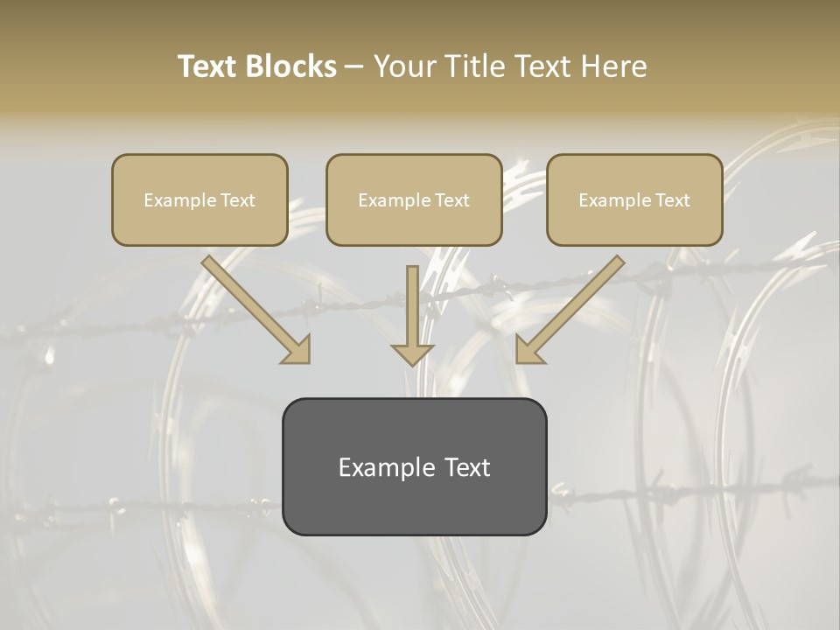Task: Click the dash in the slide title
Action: [x=354, y=67]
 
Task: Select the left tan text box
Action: [x=199, y=199]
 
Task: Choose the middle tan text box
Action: [x=414, y=199]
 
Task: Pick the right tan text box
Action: [x=634, y=199]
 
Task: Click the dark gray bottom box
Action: [x=414, y=466]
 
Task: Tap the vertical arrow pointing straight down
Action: [x=413, y=315]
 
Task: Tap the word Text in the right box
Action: [x=672, y=200]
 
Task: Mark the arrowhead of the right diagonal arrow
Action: [x=530, y=349]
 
